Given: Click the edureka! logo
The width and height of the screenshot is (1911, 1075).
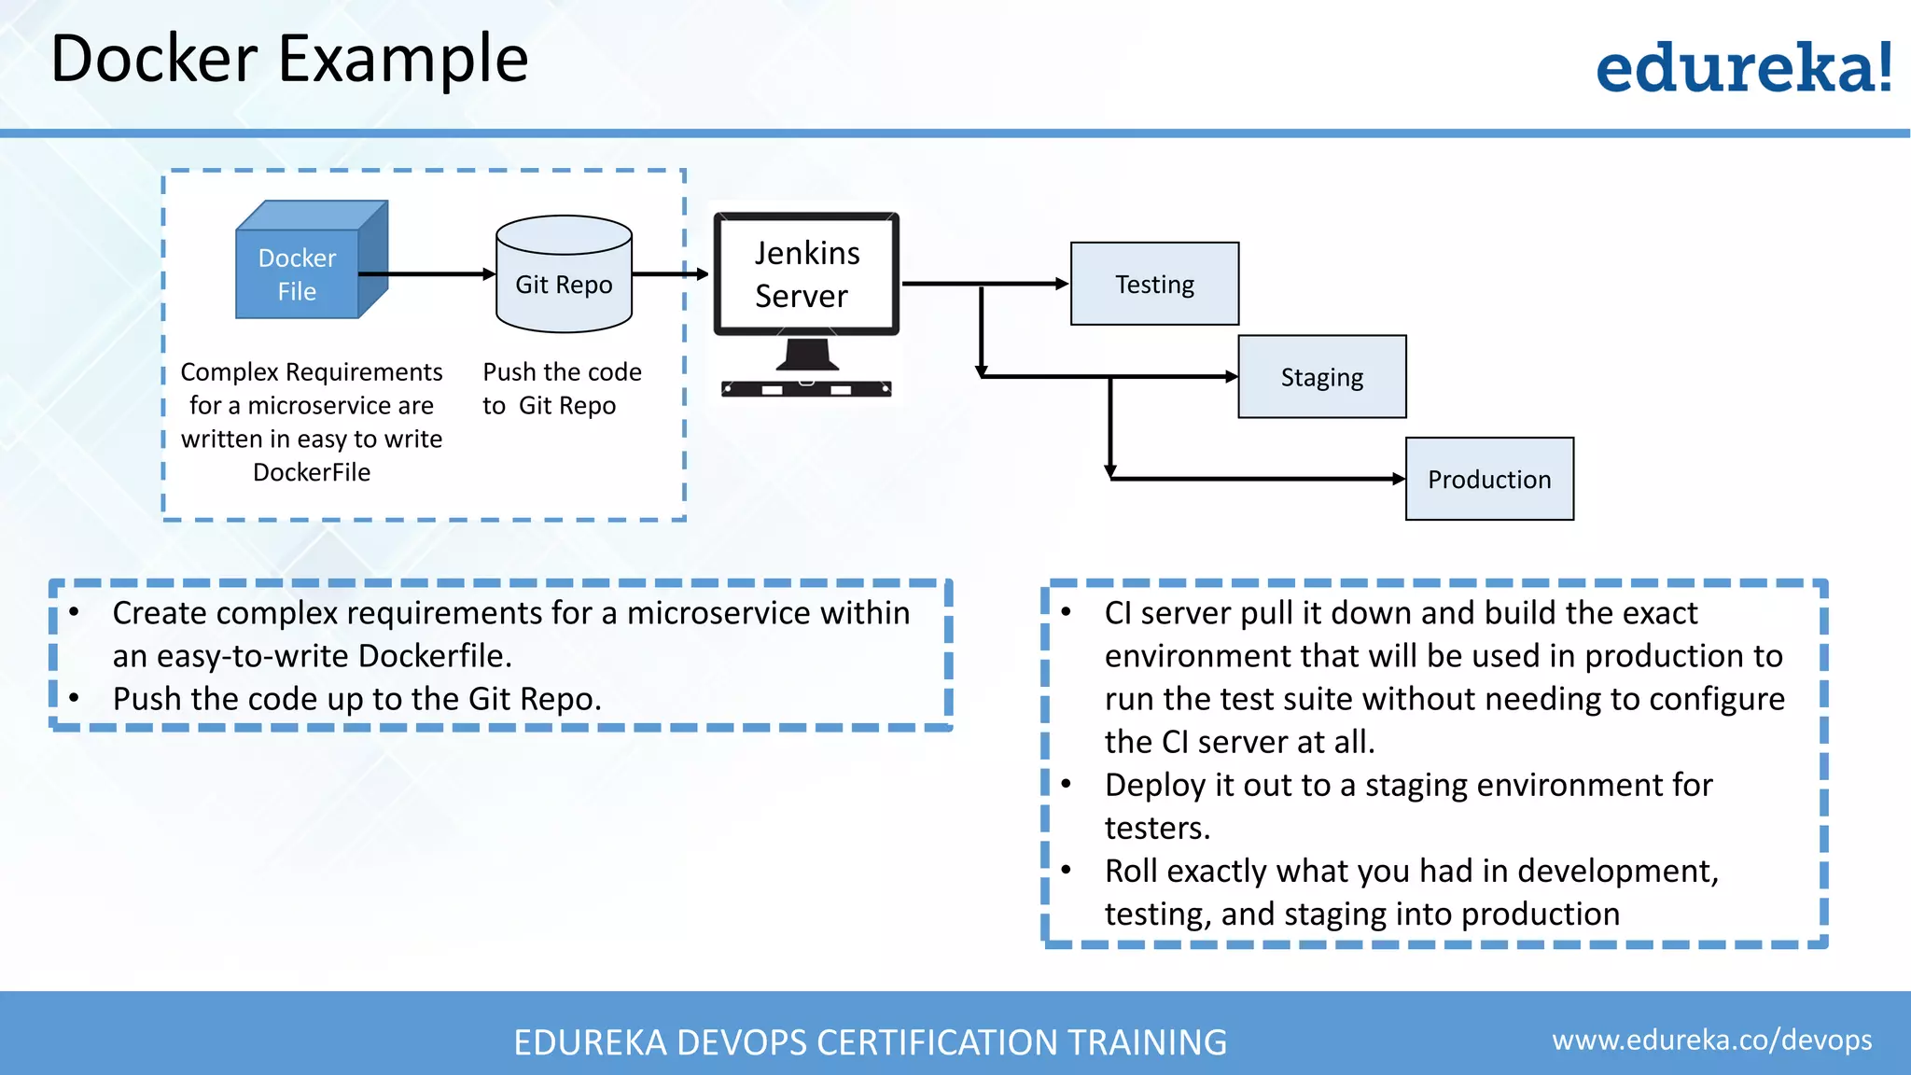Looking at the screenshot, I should point(1743,68).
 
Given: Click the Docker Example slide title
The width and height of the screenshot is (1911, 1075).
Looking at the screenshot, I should point(289,59).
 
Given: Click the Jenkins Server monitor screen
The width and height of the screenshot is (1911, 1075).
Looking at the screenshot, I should point(806,274).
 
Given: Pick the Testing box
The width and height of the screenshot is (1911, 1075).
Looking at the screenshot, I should point(1154,284).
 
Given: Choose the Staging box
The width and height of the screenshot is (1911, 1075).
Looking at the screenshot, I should point(1321,377).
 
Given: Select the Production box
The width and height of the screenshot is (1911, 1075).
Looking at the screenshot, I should point(1489,479).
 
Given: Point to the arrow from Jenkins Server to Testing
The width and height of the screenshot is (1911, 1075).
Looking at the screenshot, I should point(985,283).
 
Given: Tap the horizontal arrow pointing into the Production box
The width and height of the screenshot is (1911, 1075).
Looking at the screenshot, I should point(1260,479).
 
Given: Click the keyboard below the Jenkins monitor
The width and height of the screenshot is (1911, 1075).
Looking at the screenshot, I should point(806,389).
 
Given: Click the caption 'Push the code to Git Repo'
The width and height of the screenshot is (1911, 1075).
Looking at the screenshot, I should point(562,388).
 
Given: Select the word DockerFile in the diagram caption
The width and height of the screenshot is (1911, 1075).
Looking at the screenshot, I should point(312,472).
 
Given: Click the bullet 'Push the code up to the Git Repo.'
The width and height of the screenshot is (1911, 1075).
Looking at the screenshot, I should point(356,699).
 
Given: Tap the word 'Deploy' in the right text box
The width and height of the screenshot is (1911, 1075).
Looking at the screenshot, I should point(1154,786).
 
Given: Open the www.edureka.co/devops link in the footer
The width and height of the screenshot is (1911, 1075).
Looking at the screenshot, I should point(1711,1040).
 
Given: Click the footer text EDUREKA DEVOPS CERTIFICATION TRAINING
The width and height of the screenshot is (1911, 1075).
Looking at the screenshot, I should point(870,1042).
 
